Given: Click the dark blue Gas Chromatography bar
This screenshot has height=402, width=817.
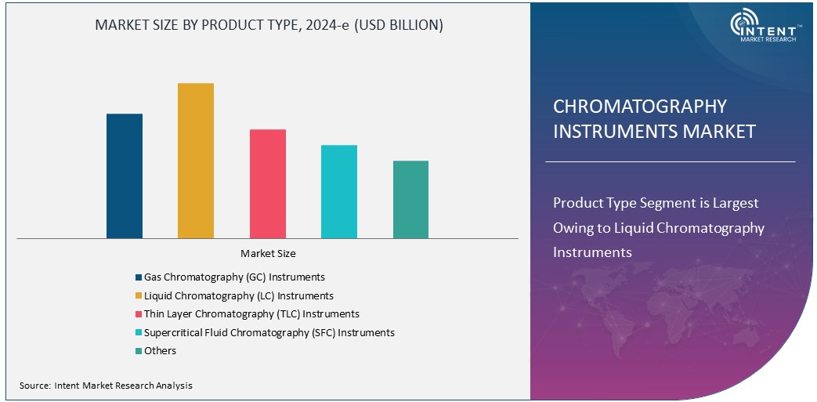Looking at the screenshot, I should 125,176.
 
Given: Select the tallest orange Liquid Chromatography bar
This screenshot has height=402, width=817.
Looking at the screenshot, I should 196,161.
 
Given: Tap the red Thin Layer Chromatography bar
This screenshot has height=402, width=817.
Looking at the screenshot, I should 268,183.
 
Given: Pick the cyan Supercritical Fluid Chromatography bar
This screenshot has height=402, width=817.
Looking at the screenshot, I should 339,191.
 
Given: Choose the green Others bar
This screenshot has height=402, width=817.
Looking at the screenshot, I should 410,199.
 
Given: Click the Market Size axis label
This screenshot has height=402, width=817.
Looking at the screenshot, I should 268,254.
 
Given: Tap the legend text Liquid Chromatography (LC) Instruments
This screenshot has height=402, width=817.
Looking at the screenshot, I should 238,296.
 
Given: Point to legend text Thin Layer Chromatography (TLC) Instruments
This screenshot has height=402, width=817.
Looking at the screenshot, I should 251,314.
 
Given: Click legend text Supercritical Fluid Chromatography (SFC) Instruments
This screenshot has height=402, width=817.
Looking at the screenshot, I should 269,333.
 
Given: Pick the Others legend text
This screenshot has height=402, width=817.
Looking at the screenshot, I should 160,351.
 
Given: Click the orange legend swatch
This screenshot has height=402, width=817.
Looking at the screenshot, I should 138,296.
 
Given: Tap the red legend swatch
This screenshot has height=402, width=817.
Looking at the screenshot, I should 138,314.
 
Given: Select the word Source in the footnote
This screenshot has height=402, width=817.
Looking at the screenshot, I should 34,386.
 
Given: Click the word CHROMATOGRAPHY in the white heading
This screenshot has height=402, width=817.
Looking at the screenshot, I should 640,107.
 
